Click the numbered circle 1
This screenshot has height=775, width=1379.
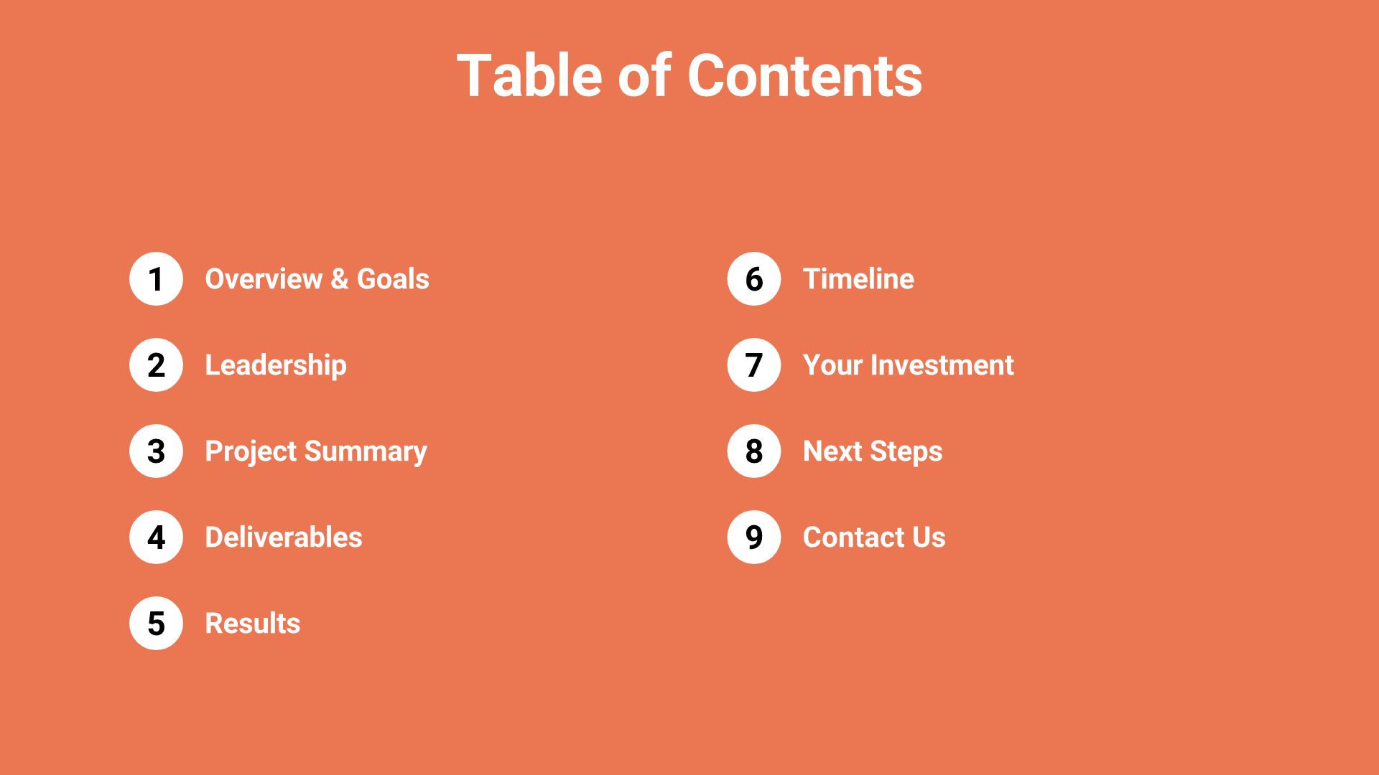[x=156, y=279]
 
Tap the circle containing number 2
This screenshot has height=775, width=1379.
[x=156, y=365]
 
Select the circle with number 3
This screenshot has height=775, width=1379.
[x=156, y=451]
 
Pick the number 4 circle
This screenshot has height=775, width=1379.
[x=156, y=537]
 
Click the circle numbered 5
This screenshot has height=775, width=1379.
[x=156, y=624]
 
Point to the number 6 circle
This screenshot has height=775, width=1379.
[x=753, y=279]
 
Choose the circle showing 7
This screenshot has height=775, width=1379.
[x=753, y=365]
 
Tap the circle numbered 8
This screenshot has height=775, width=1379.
[x=753, y=451]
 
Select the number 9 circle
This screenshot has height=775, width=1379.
[x=753, y=537]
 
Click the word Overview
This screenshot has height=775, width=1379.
[x=264, y=279]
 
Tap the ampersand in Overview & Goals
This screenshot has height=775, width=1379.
[x=340, y=279]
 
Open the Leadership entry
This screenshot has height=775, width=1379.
[x=276, y=365]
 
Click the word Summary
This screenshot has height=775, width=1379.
[x=366, y=452]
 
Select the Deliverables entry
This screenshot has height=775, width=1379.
[x=284, y=537]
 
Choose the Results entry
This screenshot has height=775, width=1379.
[x=253, y=624]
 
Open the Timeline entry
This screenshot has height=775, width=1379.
[x=858, y=279]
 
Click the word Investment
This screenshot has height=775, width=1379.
[x=942, y=365]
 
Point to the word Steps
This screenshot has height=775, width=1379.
[x=906, y=452]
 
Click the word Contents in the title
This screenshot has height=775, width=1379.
[x=804, y=76]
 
